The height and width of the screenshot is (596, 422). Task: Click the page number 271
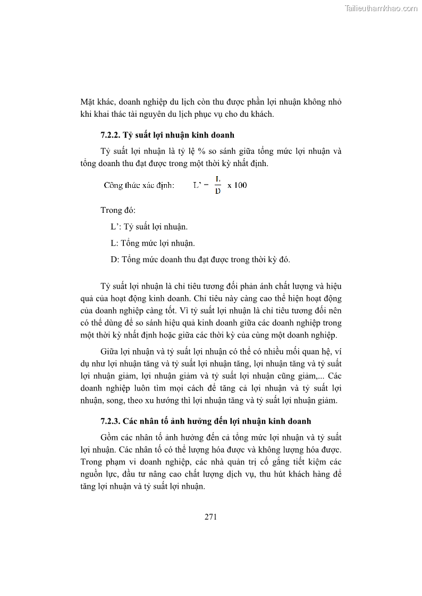coord(210,517)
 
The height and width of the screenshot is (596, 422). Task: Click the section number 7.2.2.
coord(110,135)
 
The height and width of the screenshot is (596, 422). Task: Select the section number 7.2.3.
coord(110,421)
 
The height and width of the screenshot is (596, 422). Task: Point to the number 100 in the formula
coord(240,185)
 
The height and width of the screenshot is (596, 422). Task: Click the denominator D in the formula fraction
coord(218,191)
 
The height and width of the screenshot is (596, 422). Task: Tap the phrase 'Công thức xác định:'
coord(139,185)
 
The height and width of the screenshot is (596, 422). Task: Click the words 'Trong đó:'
coord(118,210)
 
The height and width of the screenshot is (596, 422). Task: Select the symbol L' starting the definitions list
coord(116,227)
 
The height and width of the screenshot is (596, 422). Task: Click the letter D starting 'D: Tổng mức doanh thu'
coord(114,260)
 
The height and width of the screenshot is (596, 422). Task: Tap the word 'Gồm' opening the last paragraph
coord(109,437)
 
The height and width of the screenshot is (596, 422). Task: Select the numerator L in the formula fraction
coord(218,179)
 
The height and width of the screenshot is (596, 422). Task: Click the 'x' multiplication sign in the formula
coord(230,185)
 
